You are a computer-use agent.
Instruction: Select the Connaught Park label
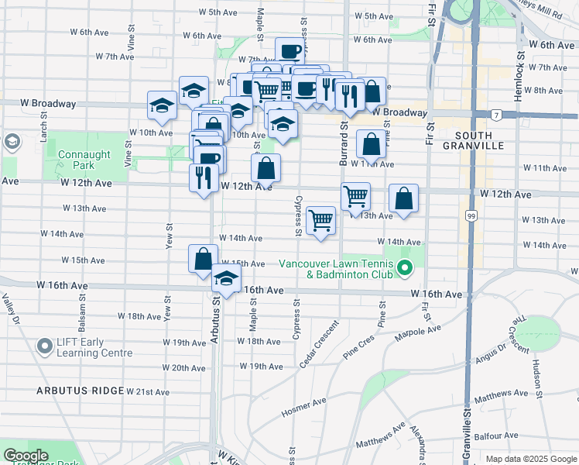[x=78, y=160]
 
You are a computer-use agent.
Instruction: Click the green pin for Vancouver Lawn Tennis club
[x=404, y=270]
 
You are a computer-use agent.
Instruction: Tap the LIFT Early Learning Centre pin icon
[x=45, y=346]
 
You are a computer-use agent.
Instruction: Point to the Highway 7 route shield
[x=495, y=115]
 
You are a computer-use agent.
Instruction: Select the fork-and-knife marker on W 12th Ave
[x=203, y=178]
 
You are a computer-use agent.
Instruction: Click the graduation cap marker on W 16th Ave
[x=226, y=280]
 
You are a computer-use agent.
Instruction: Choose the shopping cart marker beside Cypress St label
[x=320, y=220]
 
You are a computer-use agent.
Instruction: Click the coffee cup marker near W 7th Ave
[x=289, y=52]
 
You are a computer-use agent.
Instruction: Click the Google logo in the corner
[x=26, y=456]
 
